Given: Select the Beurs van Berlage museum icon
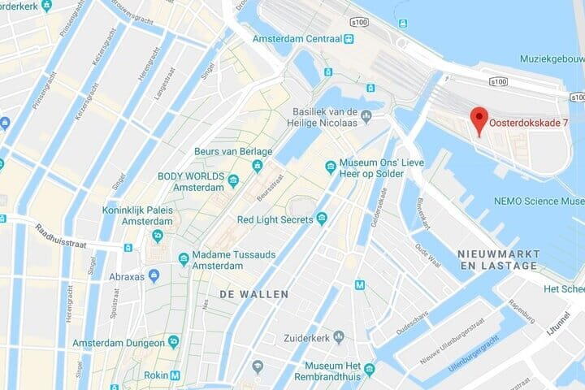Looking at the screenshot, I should (x=258, y=167).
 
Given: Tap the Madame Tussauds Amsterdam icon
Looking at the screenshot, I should (x=184, y=259).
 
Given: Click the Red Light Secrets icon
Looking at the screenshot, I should (x=322, y=219).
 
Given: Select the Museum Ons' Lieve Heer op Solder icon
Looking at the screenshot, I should (x=330, y=167).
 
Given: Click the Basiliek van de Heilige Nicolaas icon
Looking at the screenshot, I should (x=366, y=115).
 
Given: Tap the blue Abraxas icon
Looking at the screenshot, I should (x=154, y=275).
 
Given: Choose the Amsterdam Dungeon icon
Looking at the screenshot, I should (x=172, y=342).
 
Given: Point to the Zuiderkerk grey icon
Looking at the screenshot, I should (x=340, y=337).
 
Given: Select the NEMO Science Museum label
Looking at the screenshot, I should (x=538, y=201).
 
